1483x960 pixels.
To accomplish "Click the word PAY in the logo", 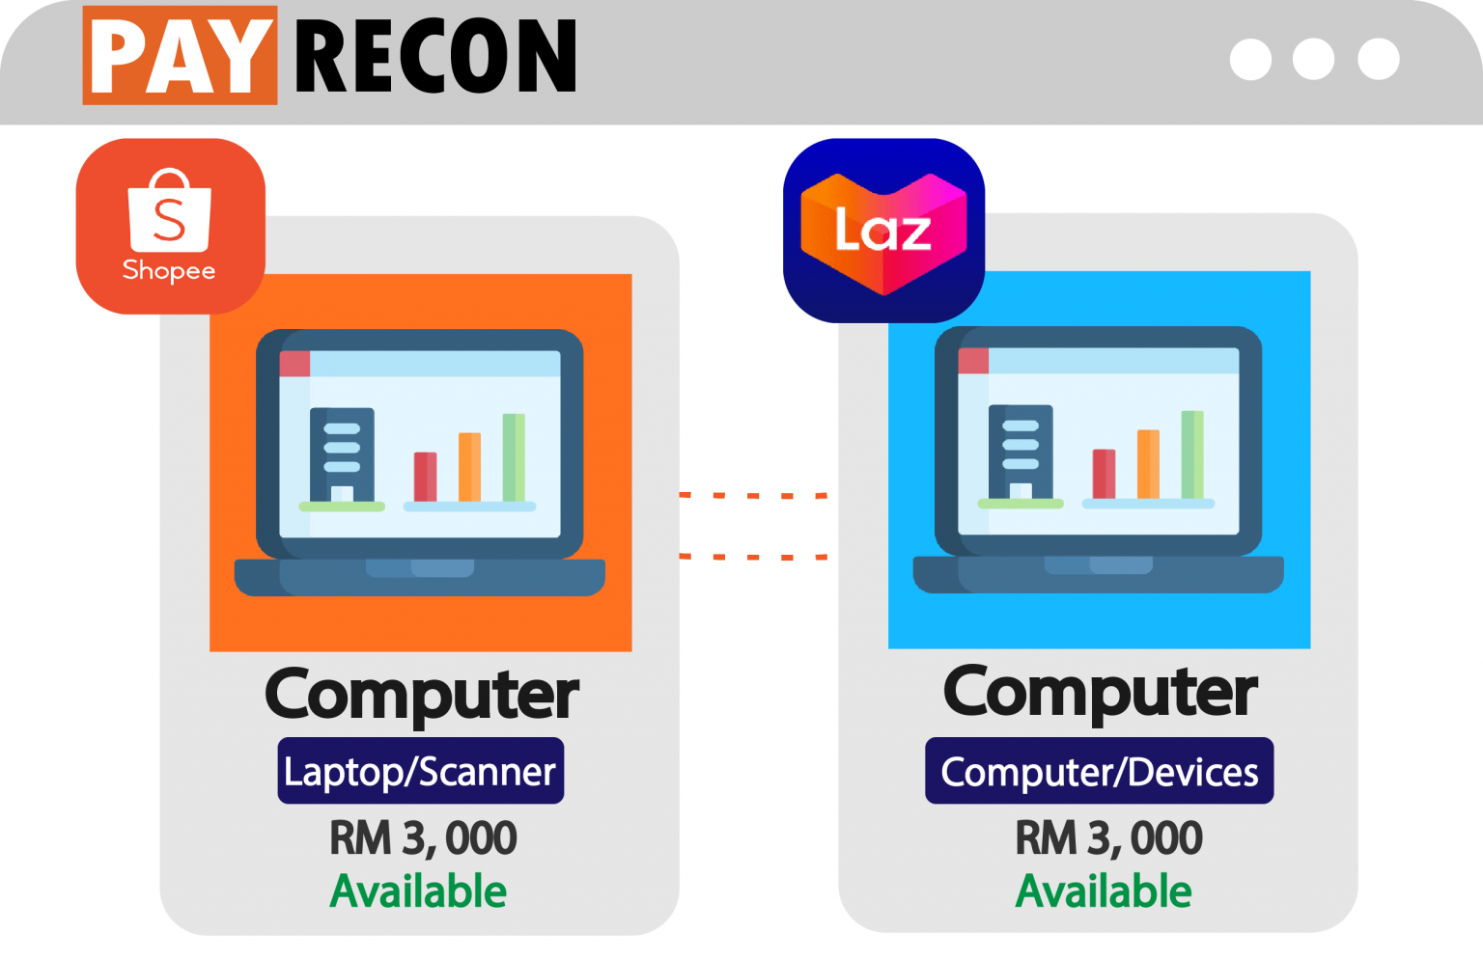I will coord(180,56).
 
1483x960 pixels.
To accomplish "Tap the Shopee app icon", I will coord(170,226).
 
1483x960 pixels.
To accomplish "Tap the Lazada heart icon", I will coord(883,231).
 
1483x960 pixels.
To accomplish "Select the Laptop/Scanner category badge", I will coord(420,771).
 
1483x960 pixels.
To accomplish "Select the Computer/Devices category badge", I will coord(1099,771).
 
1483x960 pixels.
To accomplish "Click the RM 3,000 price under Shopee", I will coord(423,837).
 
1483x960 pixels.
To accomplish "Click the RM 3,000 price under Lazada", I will coord(1108,837).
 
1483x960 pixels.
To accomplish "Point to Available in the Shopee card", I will coord(418,891).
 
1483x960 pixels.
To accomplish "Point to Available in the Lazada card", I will coord(1104,891).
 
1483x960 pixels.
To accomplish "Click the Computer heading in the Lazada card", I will coord(1100,692).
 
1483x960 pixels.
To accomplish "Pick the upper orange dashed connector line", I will coord(753,495).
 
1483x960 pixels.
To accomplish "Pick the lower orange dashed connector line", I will coord(753,557).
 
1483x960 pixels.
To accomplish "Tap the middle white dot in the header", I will coord(1313,59).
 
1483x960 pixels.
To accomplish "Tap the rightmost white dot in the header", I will coord(1378,59).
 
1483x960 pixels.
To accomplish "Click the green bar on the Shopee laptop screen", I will coord(514,457).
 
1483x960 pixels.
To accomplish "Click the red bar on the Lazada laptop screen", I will coord(1104,474).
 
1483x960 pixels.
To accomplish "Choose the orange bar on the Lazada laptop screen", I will coord(1148,464).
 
